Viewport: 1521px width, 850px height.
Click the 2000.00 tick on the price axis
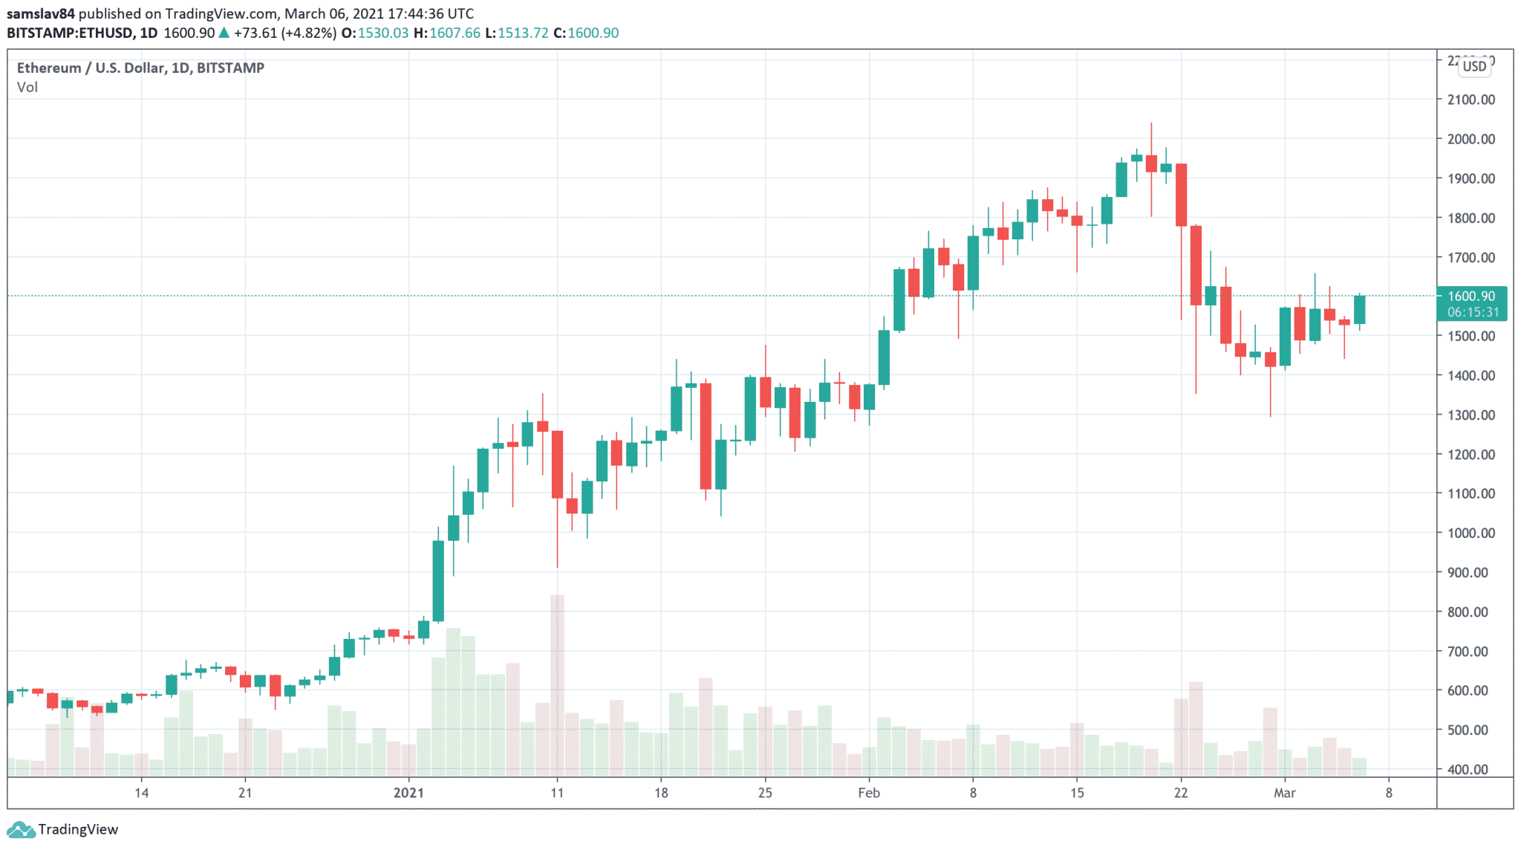click(x=1470, y=139)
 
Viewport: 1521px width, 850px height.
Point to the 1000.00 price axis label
click(x=1470, y=533)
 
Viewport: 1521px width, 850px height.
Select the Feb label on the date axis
click(x=869, y=793)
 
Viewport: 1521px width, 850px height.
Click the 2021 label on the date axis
click(x=408, y=793)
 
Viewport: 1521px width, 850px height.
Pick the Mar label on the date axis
click(x=1285, y=793)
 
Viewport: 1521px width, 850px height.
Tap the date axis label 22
click(x=1181, y=793)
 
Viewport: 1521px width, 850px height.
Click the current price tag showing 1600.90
click(x=1471, y=296)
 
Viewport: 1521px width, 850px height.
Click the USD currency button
click(x=1475, y=66)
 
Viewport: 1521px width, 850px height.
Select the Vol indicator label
click(x=27, y=87)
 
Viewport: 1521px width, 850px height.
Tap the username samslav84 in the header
click(x=41, y=13)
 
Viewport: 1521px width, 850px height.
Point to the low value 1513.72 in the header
click(x=523, y=33)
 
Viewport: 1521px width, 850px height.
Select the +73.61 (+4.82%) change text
click(x=284, y=33)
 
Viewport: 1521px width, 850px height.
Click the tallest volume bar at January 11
click(x=557, y=684)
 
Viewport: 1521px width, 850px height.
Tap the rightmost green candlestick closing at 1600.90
click(x=1359, y=310)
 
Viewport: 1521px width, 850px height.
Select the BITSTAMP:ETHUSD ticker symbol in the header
click(x=71, y=33)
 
